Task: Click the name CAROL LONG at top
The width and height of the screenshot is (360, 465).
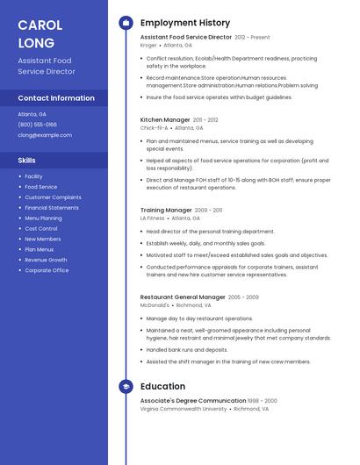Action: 36,33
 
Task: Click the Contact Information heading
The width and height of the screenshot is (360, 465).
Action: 56,98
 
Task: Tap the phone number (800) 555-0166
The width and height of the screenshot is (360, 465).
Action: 38,125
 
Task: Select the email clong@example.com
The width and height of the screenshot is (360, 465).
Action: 45,135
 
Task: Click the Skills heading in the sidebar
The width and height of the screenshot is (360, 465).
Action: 27,161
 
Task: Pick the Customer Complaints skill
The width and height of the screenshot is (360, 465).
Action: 53,197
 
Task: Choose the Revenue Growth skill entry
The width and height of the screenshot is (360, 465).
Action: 46,260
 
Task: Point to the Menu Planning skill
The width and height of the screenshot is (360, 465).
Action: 43,218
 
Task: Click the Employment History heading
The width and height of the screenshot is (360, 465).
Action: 185,23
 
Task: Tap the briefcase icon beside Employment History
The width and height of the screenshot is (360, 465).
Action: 126,23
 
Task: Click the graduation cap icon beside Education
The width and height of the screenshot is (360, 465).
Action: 126,386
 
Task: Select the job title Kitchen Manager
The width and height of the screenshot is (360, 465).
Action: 165,119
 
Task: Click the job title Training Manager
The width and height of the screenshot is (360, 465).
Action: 166,211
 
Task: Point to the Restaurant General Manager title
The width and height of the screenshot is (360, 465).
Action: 183,297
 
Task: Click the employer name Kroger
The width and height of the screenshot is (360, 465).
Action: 148,46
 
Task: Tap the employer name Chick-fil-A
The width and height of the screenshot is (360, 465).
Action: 154,128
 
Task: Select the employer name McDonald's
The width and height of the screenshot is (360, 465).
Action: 155,305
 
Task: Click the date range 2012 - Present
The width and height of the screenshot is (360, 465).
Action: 252,38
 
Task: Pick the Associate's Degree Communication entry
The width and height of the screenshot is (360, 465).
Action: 193,400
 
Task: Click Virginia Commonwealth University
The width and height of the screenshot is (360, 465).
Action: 184,409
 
